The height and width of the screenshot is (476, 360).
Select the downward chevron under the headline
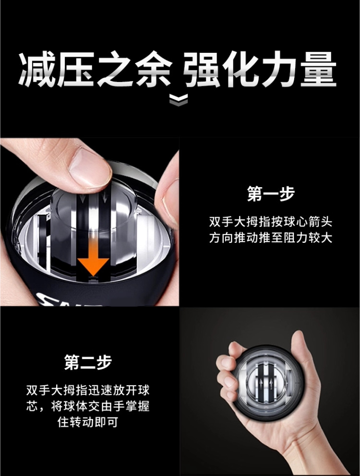click(x=179, y=100)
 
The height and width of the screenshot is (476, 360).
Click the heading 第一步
click(x=271, y=193)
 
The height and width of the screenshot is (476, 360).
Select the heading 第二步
click(x=88, y=362)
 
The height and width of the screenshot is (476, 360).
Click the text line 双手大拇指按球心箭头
click(x=271, y=222)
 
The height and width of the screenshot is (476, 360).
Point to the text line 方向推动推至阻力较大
click(x=271, y=238)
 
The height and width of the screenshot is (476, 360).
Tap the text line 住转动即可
click(x=88, y=422)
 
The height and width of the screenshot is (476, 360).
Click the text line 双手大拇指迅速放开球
click(x=88, y=391)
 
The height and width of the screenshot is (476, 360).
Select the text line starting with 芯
click(x=88, y=406)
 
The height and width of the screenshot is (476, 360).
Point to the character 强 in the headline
click(x=201, y=70)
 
